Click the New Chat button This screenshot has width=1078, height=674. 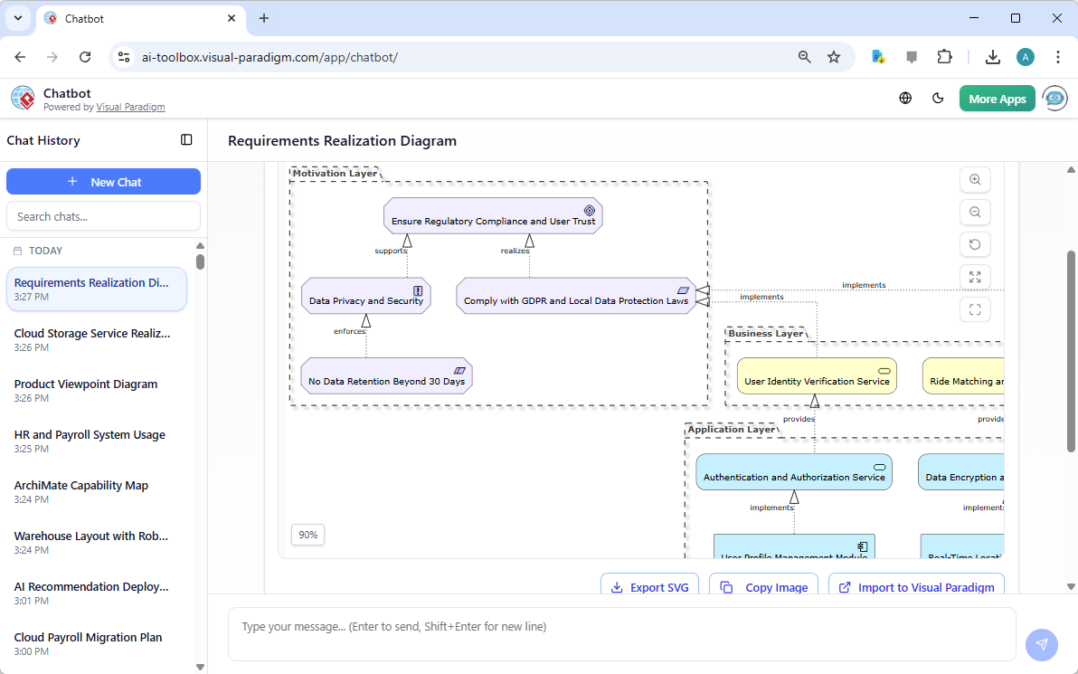[x=103, y=182]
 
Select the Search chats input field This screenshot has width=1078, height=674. [x=103, y=216]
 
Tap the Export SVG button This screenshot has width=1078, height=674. [x=650, y=587]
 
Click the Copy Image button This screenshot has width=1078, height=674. [x=764, y=587]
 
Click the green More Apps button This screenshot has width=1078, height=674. [x=997, y=99]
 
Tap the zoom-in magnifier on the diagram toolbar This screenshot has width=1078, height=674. [x=975, y=180]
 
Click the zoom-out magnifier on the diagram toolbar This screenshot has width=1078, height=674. [x=975, y=213]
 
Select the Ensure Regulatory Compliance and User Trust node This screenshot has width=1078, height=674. [x=493, y=217]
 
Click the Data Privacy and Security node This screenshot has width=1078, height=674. [x=365, y=296]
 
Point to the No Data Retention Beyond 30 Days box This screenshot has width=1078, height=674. [x=386, y=376]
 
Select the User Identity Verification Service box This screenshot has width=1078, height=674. [x=817, y=376]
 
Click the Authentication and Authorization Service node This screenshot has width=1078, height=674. [x=793, y=472]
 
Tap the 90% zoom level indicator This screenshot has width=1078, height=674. [x=307, y=535]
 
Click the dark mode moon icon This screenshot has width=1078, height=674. [x=938, y=99]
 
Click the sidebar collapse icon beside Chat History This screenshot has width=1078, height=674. [x=186, y=140]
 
